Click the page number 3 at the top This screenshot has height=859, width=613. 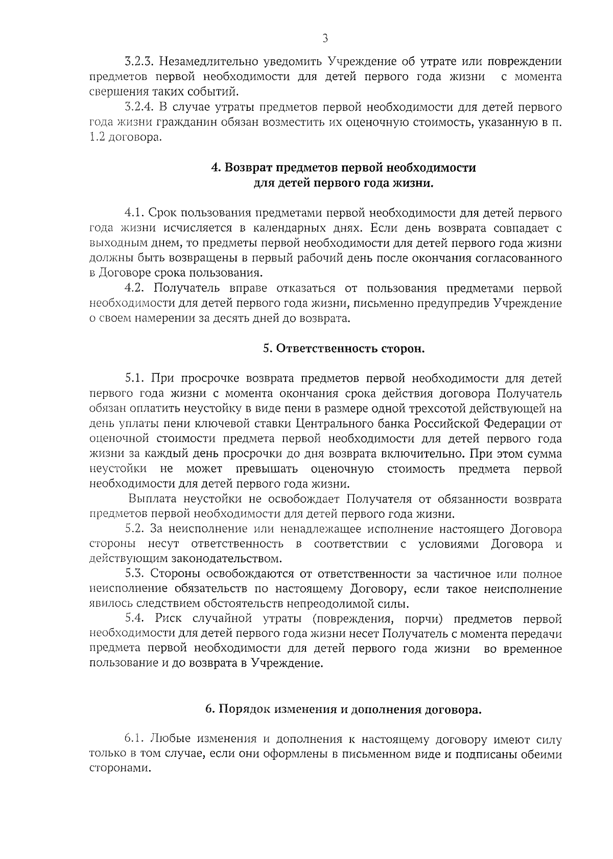tap(325, 39)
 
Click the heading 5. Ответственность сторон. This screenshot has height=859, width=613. tap(344, 348)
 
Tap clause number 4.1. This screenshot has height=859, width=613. tap(136, 213)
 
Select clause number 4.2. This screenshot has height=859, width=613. tap(136, 288)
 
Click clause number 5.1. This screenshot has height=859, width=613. tap(136, 378)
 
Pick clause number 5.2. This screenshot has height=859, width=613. tap(137, 529)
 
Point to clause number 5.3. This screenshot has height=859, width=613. tap(137, 574)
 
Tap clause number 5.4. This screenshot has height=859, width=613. tap(137, 619)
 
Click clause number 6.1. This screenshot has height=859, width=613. tap(136, 739)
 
